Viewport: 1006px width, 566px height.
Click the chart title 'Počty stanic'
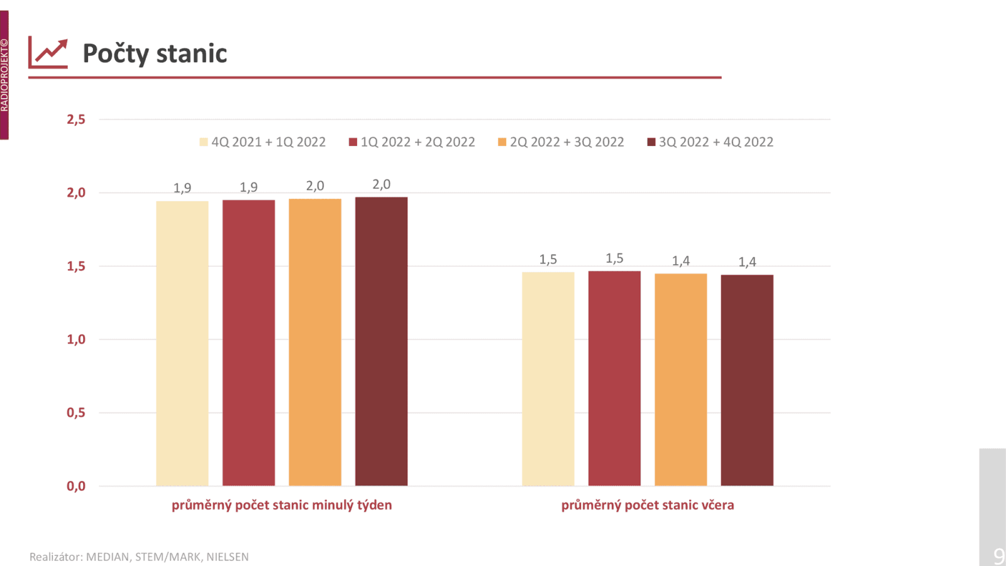tap(155, 53)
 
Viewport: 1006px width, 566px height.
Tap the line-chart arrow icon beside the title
tap(48, 53)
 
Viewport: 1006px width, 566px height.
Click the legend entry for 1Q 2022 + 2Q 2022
tap(412, 142)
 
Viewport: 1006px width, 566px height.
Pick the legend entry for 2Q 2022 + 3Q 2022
tap(561, 142)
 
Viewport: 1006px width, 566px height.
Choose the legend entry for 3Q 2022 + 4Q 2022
tap(710, 142)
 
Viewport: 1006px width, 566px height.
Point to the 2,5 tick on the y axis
tap(76, 119)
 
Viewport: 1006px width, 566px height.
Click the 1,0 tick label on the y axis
tap(76, 340)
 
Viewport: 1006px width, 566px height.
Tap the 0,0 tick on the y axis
tap(76, 486)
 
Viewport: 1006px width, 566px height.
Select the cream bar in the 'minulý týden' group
tap(182, 343)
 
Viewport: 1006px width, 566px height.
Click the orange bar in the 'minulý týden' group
tap(315, 342)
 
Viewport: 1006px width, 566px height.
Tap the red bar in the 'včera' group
tap(614, 378)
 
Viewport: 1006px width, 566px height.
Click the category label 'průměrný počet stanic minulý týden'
tap(282, 505)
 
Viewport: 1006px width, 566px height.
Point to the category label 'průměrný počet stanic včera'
tap(648, 505)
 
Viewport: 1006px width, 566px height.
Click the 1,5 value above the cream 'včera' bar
tap(548, 259)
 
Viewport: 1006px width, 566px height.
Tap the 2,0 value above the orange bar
tap(315, 186)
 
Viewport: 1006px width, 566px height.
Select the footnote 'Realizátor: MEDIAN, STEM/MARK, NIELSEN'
tap(139, 557)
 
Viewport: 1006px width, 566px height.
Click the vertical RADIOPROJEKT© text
tap(4, 75)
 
